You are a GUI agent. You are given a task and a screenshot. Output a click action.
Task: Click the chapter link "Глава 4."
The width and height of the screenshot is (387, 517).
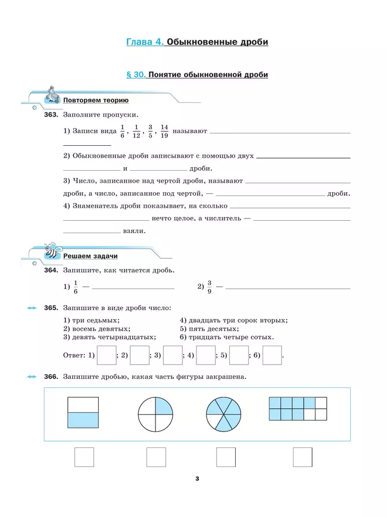coord(145,42)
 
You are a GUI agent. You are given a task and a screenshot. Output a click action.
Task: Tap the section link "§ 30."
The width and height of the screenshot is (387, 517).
coord(136,75)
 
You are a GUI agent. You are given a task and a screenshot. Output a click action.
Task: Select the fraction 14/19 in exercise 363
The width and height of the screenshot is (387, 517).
coord(164,131)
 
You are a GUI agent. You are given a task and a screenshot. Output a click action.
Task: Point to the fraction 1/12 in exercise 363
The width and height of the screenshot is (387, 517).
coord(136,131)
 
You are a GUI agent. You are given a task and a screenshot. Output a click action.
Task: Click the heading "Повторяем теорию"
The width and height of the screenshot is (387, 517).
coord(95,101)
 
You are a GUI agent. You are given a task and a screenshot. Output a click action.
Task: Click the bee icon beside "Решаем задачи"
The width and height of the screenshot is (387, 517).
coord(51,250)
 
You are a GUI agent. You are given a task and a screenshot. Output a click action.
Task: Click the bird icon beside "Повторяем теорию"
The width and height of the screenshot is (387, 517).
coord(53,95)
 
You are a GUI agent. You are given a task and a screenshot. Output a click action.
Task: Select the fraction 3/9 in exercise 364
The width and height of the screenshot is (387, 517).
coord(210,287)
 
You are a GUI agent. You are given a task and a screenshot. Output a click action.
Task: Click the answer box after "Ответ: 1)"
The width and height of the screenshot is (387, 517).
coord(106,355)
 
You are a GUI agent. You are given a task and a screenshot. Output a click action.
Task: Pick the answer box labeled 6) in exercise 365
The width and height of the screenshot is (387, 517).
coord(271,355)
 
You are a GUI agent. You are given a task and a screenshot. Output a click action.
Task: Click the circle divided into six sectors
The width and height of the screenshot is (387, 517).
coord(224,413)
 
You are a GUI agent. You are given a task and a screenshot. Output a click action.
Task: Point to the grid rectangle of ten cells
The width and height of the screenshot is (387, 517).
coord(298,409)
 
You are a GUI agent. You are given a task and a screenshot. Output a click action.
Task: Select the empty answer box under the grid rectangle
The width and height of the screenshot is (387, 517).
coord(302,457)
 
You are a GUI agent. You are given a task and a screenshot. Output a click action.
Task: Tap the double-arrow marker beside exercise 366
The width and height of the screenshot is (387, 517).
coord(32,377)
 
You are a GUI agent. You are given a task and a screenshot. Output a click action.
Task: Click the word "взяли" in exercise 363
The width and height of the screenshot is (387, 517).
coord(134,231)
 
